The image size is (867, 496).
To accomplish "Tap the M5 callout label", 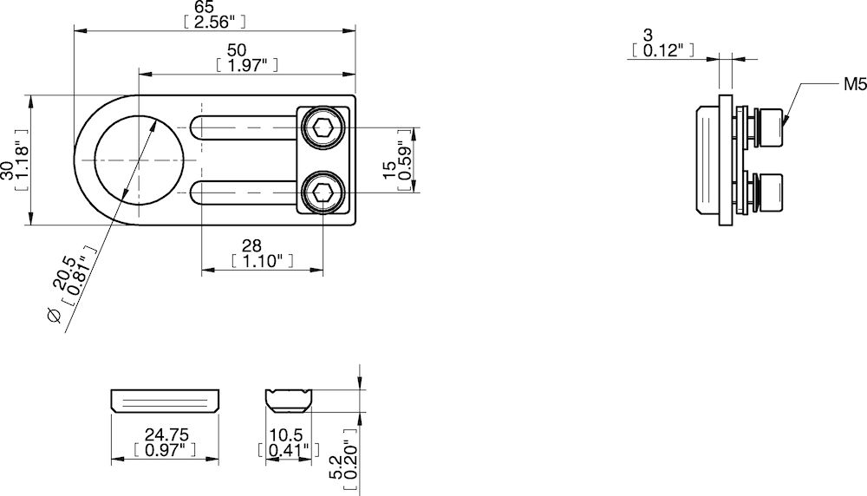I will pos(854,84).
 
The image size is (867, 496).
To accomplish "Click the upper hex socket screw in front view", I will pos(323,128).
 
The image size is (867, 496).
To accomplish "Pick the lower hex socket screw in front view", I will pos(323,192).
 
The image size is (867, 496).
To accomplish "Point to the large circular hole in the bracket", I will pos(138,160).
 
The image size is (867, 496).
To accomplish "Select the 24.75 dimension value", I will pos(165,434).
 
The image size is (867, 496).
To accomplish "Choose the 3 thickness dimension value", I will pos(648,36).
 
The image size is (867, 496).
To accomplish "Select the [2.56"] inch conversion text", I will pos(215,22).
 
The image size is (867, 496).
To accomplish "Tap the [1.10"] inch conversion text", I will pos(263,260).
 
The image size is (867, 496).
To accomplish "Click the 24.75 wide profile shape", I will pos(165,401).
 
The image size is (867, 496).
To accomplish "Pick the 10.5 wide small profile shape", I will pos(290,400).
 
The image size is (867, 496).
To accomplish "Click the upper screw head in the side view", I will pos(770,128).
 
